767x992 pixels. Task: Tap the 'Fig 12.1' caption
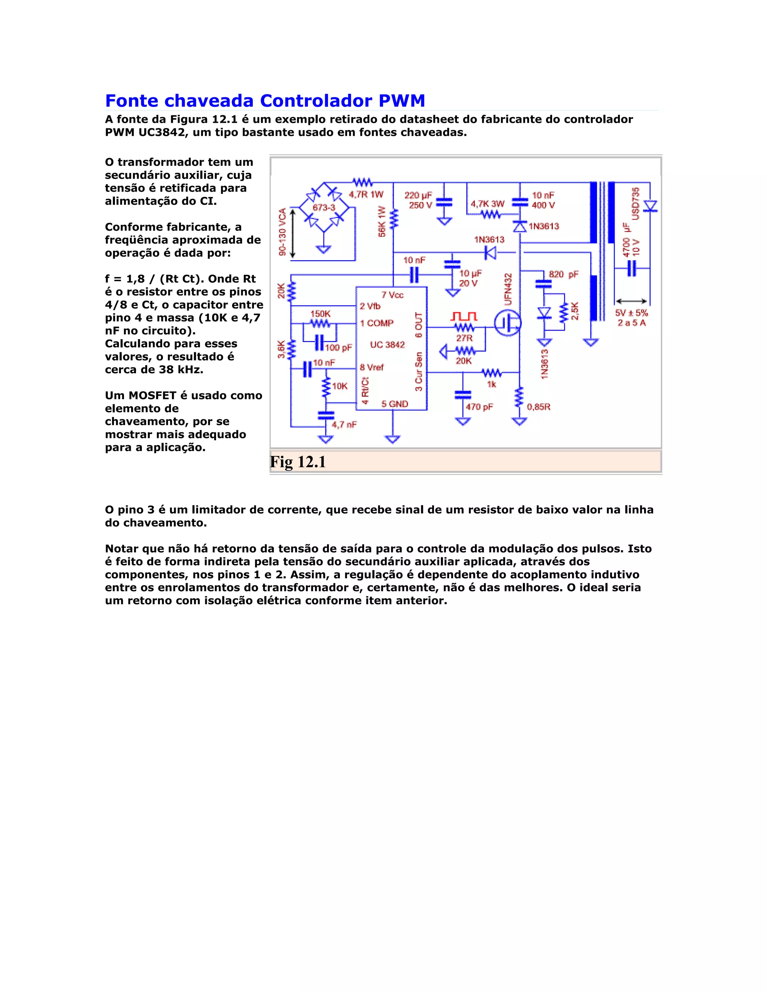coord(298,462)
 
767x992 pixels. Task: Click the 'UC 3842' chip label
coord(387,345)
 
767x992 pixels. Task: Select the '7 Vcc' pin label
coord(392,295)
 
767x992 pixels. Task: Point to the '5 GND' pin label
coord(394,404)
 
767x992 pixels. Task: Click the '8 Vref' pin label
coord(372,367)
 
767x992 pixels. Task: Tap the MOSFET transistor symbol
coord(507,323)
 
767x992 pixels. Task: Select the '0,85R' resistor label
coord(539,407)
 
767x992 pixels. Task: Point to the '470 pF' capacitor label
coord(479,407)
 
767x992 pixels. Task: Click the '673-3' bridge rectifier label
coord(324,208)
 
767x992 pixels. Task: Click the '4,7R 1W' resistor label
coord(366,194)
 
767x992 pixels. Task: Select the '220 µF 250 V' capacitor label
coord(418,200)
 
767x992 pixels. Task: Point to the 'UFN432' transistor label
coord(508,289)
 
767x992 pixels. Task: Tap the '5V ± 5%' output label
coord(631,313)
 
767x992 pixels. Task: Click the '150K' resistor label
coord(320,314)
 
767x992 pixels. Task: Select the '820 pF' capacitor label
coord(563,274)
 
